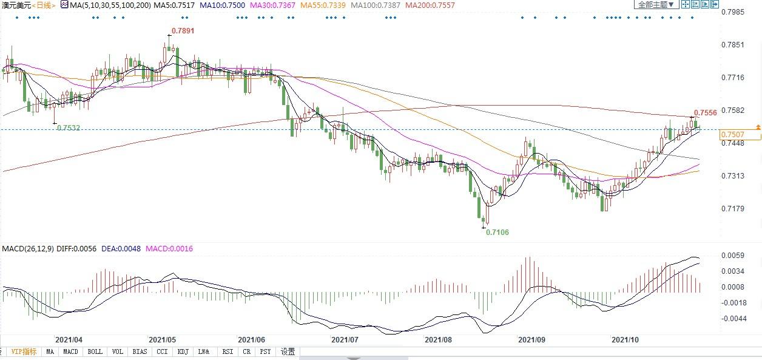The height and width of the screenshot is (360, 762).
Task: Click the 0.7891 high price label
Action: tap(183, 30)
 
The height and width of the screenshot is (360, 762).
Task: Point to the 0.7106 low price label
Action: tap(498, 232)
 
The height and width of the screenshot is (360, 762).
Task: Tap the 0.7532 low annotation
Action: tap(68, 128)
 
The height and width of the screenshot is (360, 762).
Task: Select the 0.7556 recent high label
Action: tap(706, 112)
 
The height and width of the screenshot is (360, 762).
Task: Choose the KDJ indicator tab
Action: tap(183, 352)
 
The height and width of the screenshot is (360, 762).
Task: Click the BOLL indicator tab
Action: tap(95, 352)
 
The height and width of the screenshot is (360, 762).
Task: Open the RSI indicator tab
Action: tap(228, 352)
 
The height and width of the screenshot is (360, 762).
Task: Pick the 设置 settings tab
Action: tap(288, 352)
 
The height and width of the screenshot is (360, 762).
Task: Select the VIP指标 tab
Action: tap(24, 352)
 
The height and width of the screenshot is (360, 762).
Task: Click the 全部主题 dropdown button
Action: tap(655, 4)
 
